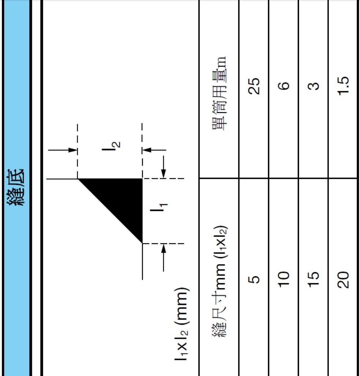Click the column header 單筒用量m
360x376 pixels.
click(219, 93)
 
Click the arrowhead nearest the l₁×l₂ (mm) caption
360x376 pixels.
click(163, 248)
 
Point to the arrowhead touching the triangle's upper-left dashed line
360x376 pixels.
click(73, 150)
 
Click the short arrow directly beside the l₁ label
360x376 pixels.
click(163, 167)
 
